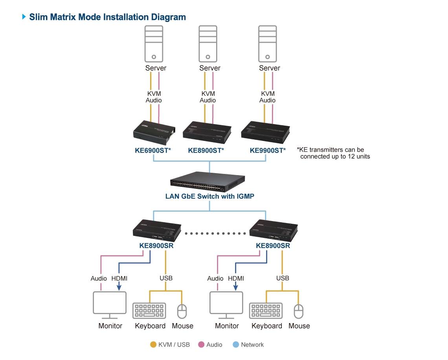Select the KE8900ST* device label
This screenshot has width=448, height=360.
[206, 150]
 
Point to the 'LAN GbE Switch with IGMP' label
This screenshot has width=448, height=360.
[209, 196]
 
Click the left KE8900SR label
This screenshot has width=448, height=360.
[156, 246]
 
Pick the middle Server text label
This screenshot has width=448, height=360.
[210, 68]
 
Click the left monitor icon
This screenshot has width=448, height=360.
[110, 305]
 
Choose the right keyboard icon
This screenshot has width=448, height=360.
[266, 310]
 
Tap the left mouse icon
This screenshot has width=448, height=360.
[182, 311]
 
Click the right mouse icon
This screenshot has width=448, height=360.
[299, 311]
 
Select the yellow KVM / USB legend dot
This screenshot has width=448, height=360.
[154, 345]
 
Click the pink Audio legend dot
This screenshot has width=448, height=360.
[201, 345]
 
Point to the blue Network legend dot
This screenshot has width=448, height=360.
[236, 345]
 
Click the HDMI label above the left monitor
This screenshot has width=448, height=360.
[119, 278]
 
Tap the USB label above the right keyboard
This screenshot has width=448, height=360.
[283, 278]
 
